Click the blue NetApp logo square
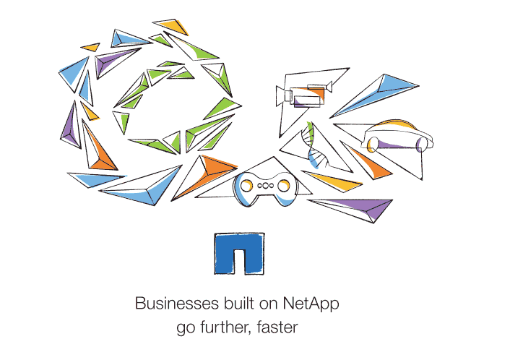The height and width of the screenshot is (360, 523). click(x=238, y=254)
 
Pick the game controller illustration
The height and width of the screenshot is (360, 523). click(x=265, y=187)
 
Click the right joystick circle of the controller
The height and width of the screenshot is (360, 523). click(x=285, y=187)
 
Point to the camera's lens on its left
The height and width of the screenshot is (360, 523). click(x=282, y=95)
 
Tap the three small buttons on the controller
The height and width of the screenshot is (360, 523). click(x=265, y=186)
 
